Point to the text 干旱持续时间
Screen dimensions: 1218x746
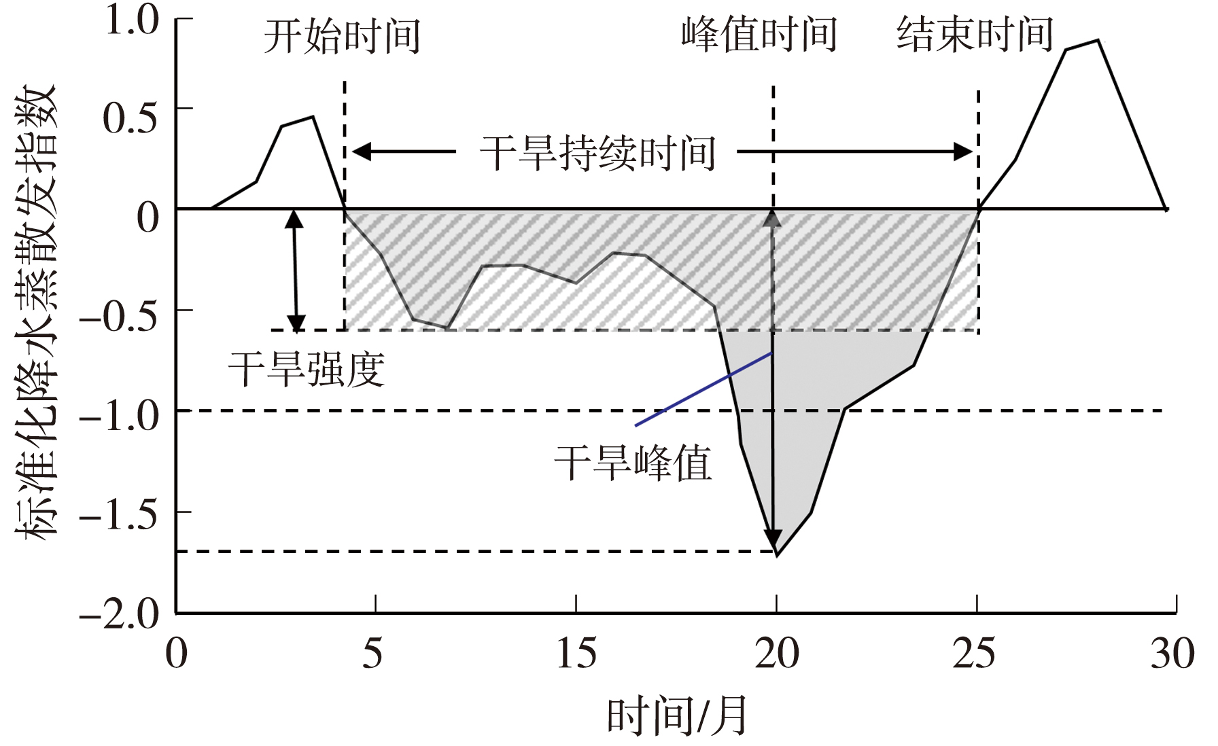point(597,153)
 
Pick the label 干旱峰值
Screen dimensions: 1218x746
point(633,463)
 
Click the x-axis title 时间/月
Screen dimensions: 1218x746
point(677,716)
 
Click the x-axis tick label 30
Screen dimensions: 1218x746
point(1172,654)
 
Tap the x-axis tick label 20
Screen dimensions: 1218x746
point(777,654)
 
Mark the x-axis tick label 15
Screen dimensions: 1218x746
point(576,654)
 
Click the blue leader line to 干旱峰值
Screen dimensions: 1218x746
point(704,389)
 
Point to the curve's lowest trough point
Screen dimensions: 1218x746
point(777,556)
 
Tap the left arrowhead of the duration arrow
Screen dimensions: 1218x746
point(361,152)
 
